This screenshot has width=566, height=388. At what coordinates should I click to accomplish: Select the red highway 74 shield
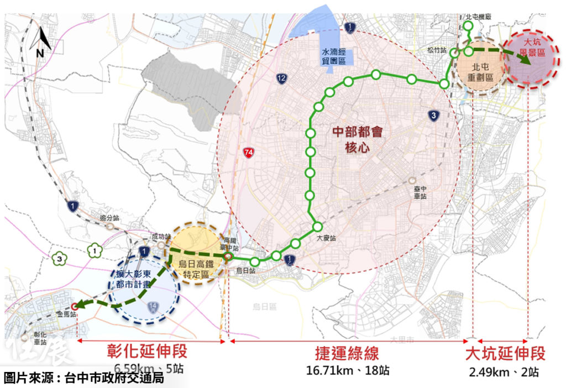coord(251,153)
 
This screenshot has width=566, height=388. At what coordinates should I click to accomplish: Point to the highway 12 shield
coord(282,79)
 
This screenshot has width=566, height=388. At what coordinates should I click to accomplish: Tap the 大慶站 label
coord(326,239)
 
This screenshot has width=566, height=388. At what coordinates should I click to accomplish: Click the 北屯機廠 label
coord(479,17)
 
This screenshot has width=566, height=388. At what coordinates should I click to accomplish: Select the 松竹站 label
coord(436,50)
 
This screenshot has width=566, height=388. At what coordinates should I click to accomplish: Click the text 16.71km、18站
coord(348,370)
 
